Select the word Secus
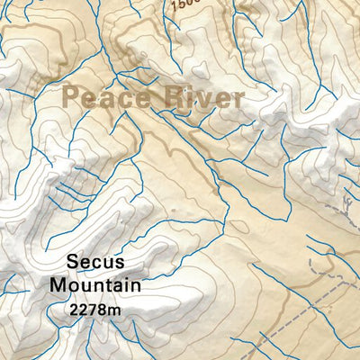94,263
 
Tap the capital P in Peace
73,97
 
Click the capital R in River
175,97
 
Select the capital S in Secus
72,263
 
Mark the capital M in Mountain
58,286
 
